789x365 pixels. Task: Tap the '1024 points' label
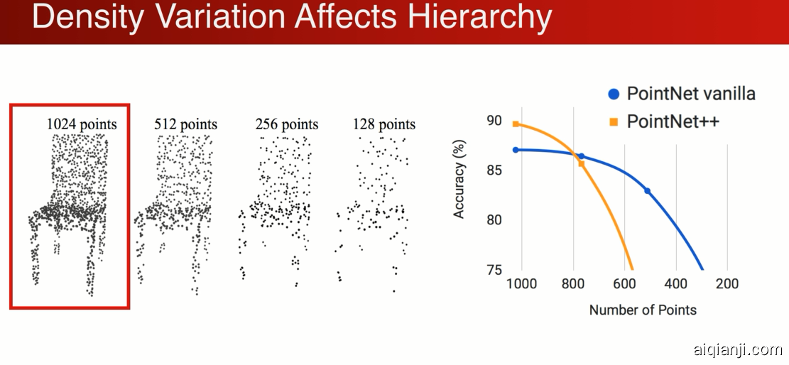pos(82,125)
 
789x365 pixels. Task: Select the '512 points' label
pos(185,125)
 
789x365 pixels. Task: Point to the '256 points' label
pos(287,125)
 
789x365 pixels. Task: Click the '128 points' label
pos(383,125)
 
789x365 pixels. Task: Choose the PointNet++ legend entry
pos(673,121)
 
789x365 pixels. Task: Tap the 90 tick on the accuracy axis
pos(493,119)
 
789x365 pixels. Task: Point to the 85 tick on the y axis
pos(493,170)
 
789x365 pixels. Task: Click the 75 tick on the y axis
pos(493,271)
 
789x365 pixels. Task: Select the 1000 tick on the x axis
pos(522,284)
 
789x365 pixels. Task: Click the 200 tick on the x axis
pos(727,284)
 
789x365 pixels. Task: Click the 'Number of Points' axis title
pos(643,310)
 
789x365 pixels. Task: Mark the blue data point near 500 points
pos(647,191)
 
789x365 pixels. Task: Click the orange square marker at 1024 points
pos(516,124)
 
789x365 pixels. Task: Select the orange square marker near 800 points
pos(581,163)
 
